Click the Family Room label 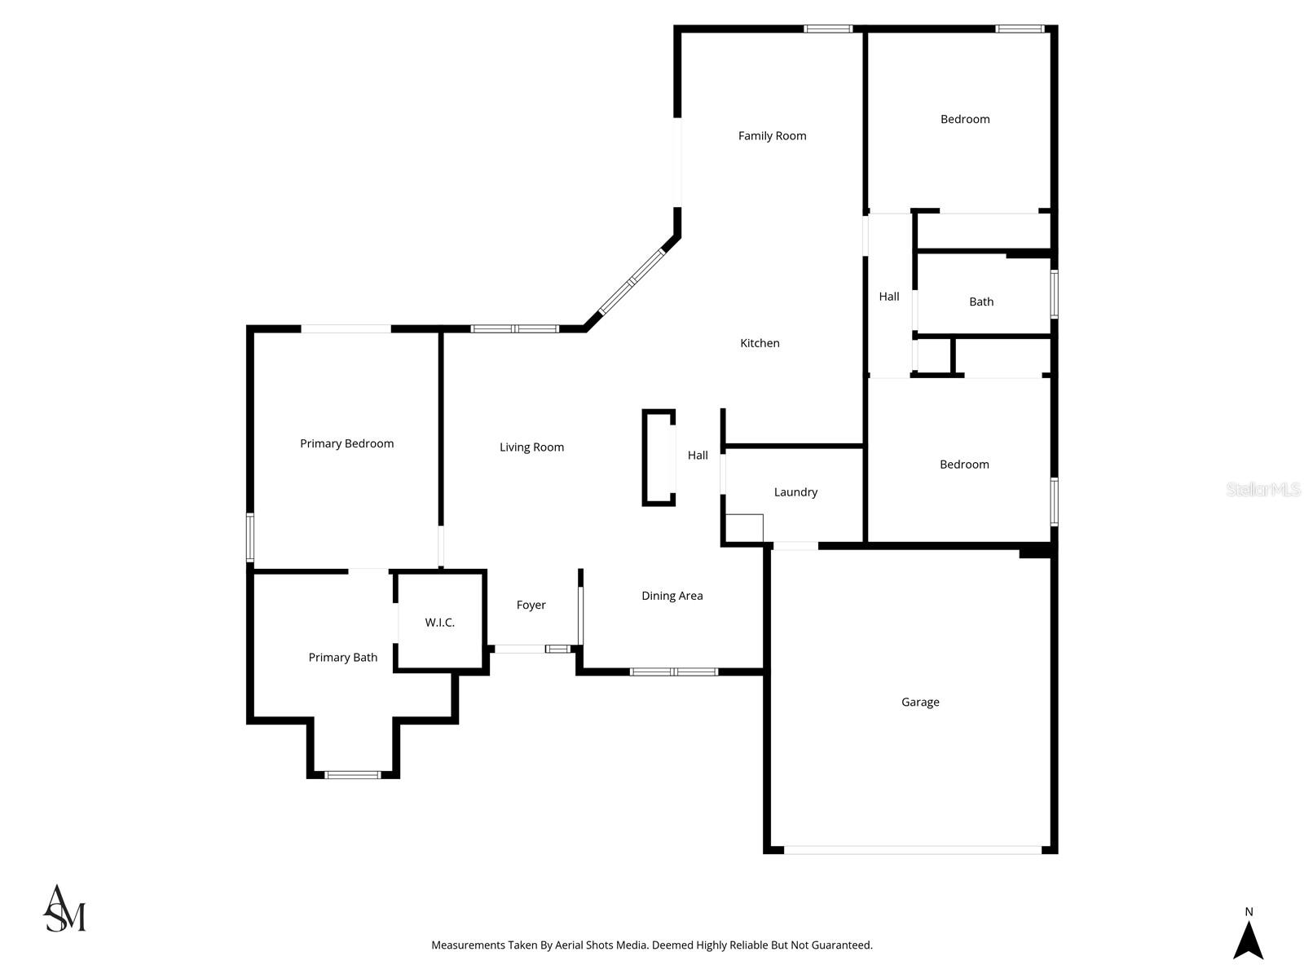pyautogui.click(x=772, y=136)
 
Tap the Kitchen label pyautogui.click(x=760, y=343)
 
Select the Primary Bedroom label pyautogui.click(x=346, y=443)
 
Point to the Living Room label pyautogui.click(x=531, y=447)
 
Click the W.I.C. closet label pyautogui.click(x=439, y=623)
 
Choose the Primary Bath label pyautogui.click(x=342, y=658)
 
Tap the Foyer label pyautogui.click(x=531, y=605)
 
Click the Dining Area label pyautogui.click(x=672, y=596)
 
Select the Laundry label pyautogui.click(x=795, y=492)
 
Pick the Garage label pyautogui.click(x=920, y=702)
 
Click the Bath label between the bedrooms pyautogui.click(x=981, y=302)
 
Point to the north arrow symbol pyautogui.click(x=1248, y=939)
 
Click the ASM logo pyautogui.click(x=64, y=909)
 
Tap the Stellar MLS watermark pyautogui.click(x=1262, y=489)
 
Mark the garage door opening pyautogui.click(x=912, y=849)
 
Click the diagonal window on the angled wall pyautogui.click(x=632, y=282)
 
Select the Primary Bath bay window pyautogui.click(x=352, y=774)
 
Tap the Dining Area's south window pyautogui.click(x=673, y=672)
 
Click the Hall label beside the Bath pyautogui.click(x=889, y=297)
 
